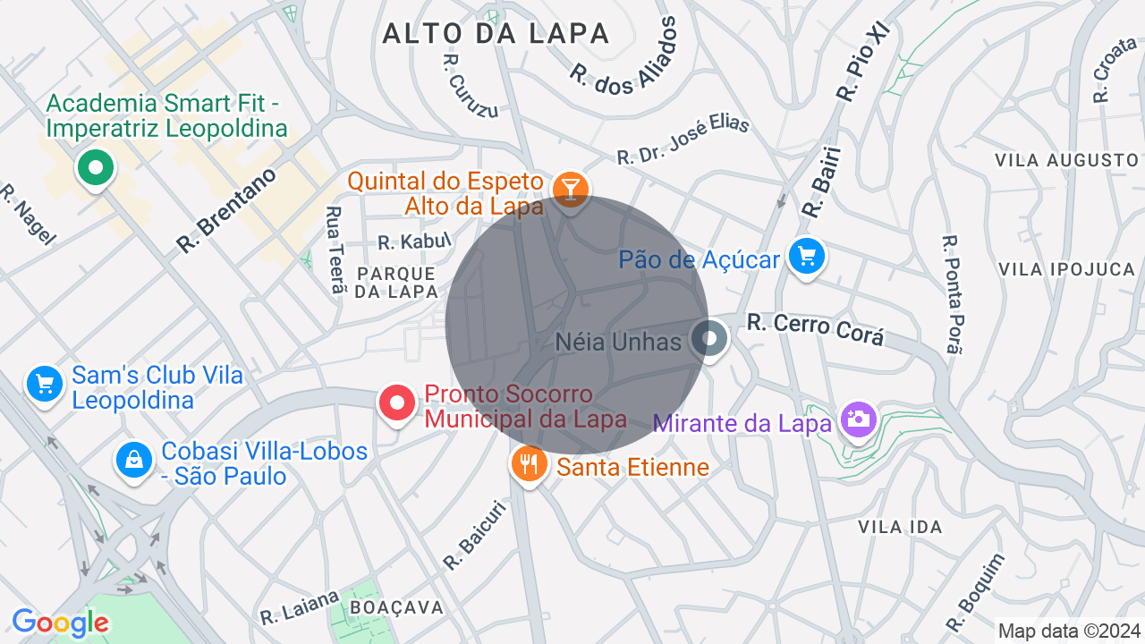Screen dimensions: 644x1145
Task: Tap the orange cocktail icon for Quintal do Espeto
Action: pyautogui.click(x=570, y=189)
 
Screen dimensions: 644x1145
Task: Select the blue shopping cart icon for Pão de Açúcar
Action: pyautogui.click(x=807, y=258)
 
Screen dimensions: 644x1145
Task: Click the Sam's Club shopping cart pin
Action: pyautogui.click(x=44, y=385)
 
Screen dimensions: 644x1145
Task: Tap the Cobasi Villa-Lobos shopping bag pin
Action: pyautogui.click(x=133, y=461)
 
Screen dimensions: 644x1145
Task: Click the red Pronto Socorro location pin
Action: pyautogui.click(x=397, y=403)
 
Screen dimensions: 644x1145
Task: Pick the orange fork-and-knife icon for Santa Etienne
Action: pyautogui.click(x=529, y=463)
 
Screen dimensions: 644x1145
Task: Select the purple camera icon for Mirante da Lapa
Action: pyautogui.click(x=858, y=419)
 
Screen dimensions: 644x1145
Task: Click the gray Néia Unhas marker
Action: pyautogui.click(x=710, y=339)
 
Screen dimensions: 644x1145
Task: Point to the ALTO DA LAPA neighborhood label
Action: pyautogui.click(x=496, y=34)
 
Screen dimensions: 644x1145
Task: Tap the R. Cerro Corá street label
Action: pyautogui.click(x=816, y=328)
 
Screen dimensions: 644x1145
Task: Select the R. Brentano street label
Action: pyautogui.click(x=226, y=209)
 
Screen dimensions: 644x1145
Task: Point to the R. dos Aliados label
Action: pyautogui.click(x=623, y=56)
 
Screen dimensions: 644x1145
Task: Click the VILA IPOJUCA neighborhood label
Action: pyautogui.click(x=1066, y=269)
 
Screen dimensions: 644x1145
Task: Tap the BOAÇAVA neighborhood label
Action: pyautogui.click(x=396, y=608)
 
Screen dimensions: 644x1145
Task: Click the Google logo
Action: pyautogui.click(x=60, y=623)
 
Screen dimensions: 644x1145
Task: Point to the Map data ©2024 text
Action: pyautogui.click(x=1069, y=631)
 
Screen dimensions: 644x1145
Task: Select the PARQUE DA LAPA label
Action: pyautogui.click(x=396, y=282)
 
